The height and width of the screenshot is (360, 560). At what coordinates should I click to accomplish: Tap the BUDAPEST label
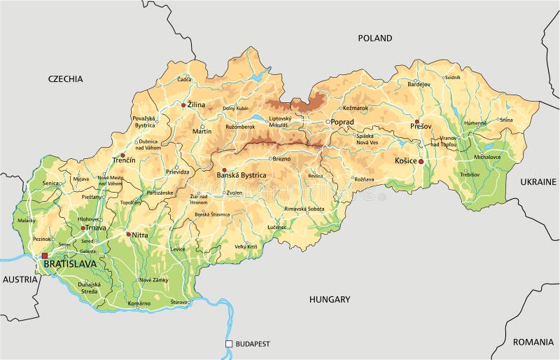click(x=253, y=344)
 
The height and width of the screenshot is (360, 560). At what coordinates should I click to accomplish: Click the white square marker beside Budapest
click(x=228, y=344)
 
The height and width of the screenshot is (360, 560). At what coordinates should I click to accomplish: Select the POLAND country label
click(x=376, y=39)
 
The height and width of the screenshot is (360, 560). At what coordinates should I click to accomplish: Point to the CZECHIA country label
click(x=65, y=79)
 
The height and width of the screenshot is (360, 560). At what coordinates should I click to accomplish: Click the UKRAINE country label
click(x=538, y=181)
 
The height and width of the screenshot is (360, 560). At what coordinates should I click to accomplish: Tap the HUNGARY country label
click(x=329, y=299)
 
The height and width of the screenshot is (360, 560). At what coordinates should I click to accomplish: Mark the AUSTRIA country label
click(x=20, y=279)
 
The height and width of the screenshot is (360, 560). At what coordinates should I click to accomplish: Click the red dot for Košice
click(x=421, y=161)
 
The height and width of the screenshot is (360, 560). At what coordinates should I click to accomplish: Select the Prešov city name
click(x=422, y=126)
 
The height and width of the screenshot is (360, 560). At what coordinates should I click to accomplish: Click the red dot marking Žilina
click(x=183, y=105)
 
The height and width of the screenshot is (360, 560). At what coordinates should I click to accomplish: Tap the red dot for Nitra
click(x=128, y=235)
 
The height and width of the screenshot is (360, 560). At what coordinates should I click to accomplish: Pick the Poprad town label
click(x=342, y=121)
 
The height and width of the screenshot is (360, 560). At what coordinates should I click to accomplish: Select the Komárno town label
click(x=139, y=303)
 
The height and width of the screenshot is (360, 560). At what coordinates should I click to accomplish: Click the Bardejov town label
click(x=419, y=84)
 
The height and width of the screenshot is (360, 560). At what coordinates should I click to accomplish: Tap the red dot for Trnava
click(x=83, y=228)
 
